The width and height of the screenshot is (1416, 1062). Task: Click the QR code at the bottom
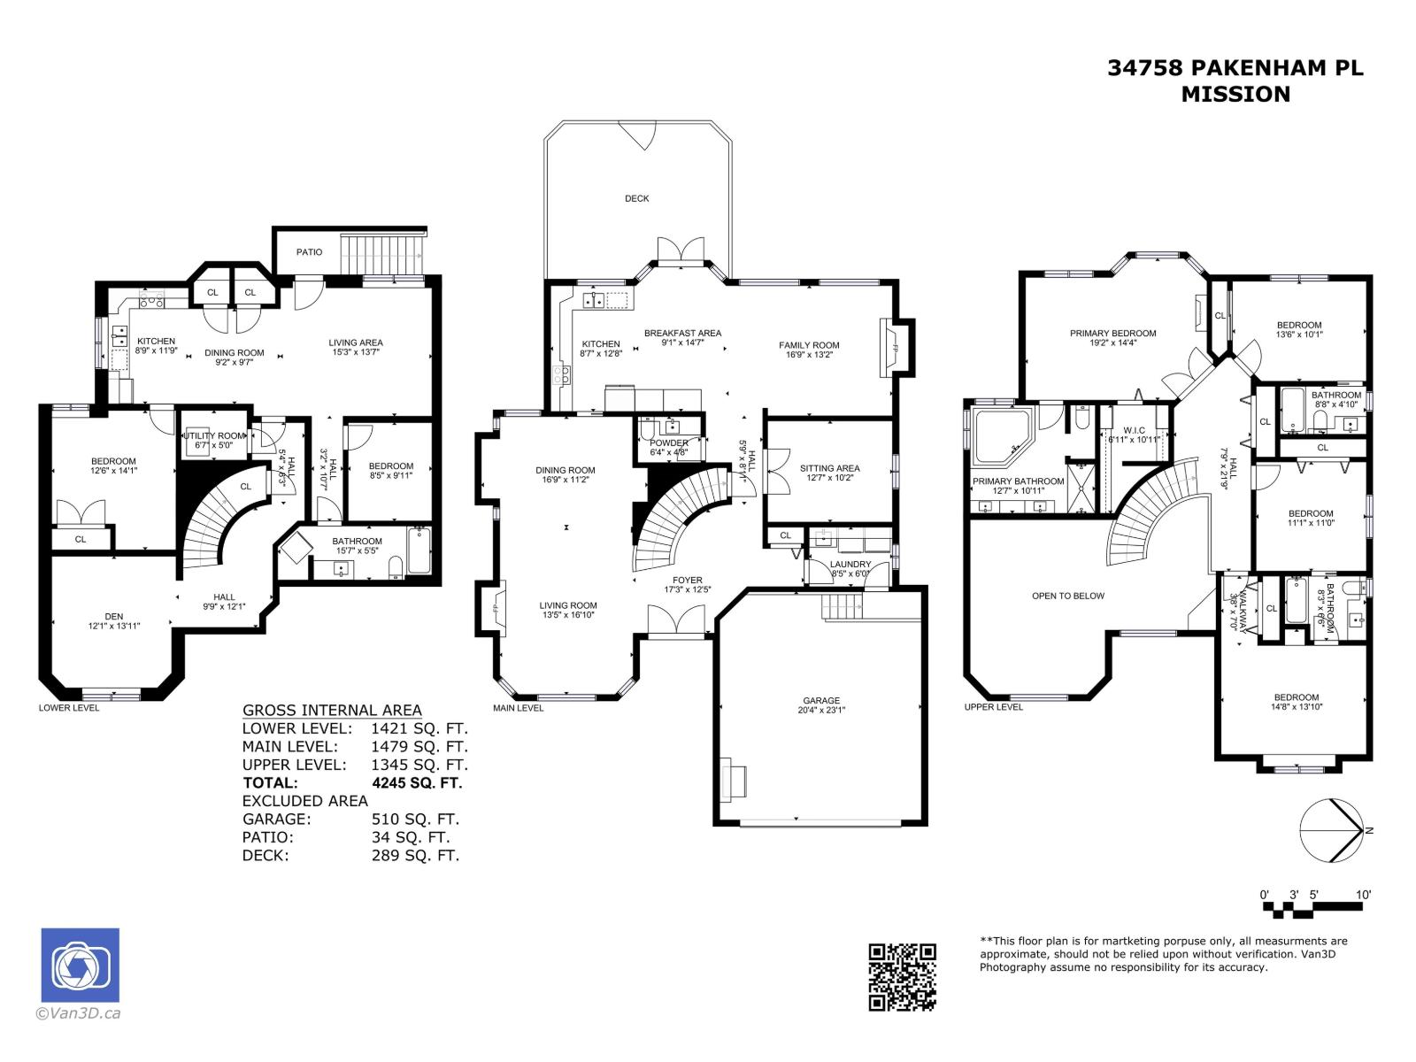(x=902, y=976)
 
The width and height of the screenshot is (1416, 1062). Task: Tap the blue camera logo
(x=81, y=966)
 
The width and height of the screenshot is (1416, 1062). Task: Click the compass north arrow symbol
(x=1335, y=829)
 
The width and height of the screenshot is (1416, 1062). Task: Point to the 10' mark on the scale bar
(x=1363, y=895)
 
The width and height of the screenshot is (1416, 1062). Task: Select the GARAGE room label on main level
(x=821, y=700)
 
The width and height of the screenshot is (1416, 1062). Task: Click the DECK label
(x=636, y=198)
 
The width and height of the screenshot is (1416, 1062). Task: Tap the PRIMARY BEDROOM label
(x=1112, y=334)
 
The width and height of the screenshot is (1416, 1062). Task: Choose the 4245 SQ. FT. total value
(x=417, y=782)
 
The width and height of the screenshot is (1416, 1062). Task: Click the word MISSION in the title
(x=1235, y=94)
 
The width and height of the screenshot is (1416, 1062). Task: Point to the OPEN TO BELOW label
(x=1067, y=596)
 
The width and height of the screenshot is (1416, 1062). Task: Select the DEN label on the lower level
(x=113, y=616)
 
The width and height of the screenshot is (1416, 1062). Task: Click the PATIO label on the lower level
(x=309, y=252)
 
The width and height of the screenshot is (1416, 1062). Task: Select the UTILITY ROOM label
(x=213, y=435)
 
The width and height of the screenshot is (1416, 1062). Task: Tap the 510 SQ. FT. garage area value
(x=415, y=819)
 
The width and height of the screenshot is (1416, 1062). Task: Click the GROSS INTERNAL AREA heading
(x=332, y=711)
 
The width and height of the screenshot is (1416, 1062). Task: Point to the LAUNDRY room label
(x=850, y=564)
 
